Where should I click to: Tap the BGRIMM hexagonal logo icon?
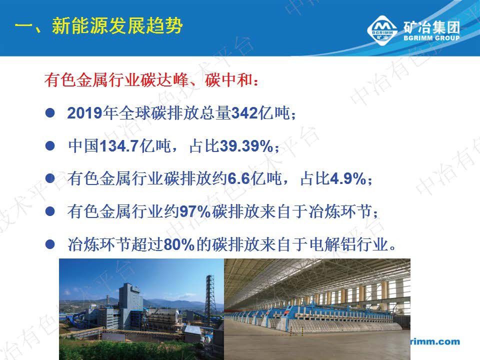(383, 30)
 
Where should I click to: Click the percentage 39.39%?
(246, 146)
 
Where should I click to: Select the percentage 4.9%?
(348, 179)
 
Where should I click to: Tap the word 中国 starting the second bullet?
(80, 146)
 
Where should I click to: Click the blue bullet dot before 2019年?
(49, 113)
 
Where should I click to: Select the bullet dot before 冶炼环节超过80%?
(49, 245)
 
